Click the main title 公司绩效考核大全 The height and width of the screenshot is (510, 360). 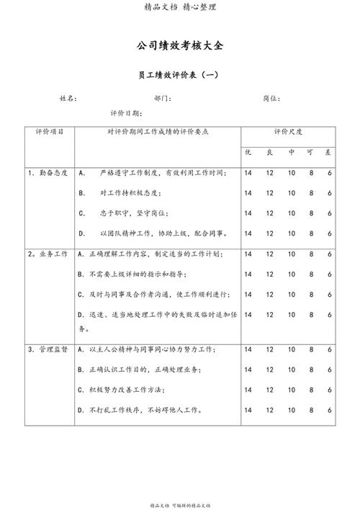pyautogui.click(x=180, y=45)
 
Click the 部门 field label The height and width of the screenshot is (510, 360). pyautogui.click(x=163, y=98)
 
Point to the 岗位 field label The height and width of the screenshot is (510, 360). pyautogui.click(x=272, y=98)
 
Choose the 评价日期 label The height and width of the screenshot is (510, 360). pyautogui.click(x=126, y=114)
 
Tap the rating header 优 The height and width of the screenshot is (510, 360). pyautogui.click(x=247, y=153)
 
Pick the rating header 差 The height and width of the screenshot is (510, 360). pyautogui.click(x=329, y=153)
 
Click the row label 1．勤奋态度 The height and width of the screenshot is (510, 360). pyautogui.click(x=48, y=173)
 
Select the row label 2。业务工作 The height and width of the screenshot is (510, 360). pyautogui.click(x=48, y=254)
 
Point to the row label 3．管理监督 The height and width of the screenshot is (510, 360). pyautogui.click(x=48, y=349)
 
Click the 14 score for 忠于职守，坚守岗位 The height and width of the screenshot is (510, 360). pyautogui.click(x=248, y=213)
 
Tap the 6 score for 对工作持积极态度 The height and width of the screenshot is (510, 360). pyautogui.click(x=329, y=193)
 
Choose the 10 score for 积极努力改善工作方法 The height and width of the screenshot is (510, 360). pyautogui.click(x=292, y=390)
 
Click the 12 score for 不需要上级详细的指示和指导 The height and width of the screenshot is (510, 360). pyautogui.click(x=269, y=274)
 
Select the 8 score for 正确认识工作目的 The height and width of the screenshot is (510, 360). pyautogui.click(x=312, y=370)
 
